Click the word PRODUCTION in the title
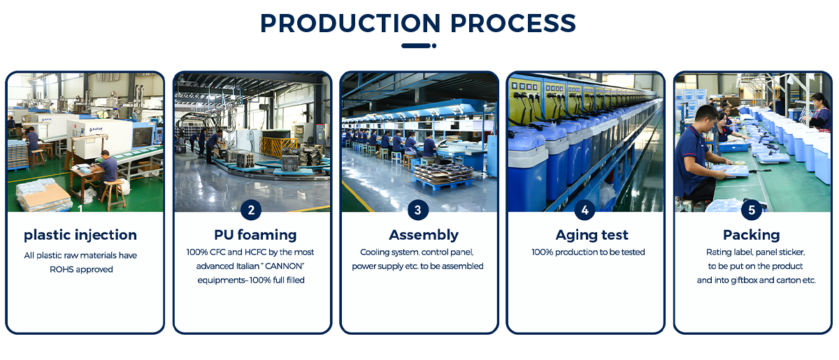(350, 23)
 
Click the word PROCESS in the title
(512, 23)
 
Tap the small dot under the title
(434, 45)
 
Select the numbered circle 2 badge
(251, 210)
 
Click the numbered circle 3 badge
(417, 210)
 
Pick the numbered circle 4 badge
(585, 210)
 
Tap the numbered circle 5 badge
(752, 210)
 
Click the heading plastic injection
(80, 236)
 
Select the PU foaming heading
(255, 236)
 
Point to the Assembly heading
(424, 236)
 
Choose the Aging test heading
(591, 236)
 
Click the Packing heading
(752, 236)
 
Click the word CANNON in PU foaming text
(284, 266)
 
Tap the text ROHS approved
(81, 269)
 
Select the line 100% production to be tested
(588, 252)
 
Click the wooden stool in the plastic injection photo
(113, 195)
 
